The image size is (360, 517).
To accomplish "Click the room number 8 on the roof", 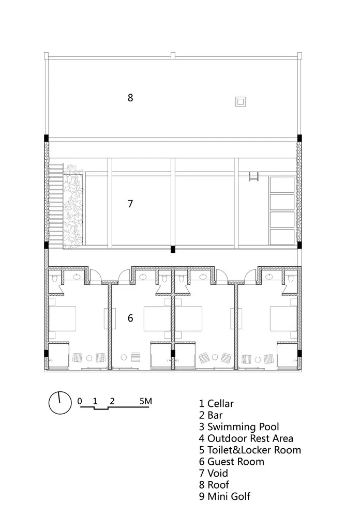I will click(x=130, y=97).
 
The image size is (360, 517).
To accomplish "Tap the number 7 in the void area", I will click(x=130, y=204).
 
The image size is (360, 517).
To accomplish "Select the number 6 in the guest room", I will click(x=130, y=318).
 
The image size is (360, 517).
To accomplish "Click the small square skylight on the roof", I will click(x=240, y=102).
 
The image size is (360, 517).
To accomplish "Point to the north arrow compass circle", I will click(x=59, y=403).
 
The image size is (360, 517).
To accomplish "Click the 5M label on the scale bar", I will click(x=145, y=401).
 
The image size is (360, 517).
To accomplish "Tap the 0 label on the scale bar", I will click(x=80, y=401).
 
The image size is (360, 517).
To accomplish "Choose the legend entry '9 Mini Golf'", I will click(x=224, y=496).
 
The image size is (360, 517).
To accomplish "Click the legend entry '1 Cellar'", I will click(x=216, y=403).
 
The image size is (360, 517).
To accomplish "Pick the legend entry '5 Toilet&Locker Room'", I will click(x=250, y=450).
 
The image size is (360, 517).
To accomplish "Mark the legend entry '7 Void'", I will click(x=213, y=473).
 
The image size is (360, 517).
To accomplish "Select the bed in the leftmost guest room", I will click(x=63, y=318).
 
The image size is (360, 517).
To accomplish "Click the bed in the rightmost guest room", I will click(x=283, y=318).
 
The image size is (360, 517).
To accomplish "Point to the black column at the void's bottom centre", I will click(x=173, y=249).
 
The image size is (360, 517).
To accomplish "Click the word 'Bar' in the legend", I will click(x=214, y=415).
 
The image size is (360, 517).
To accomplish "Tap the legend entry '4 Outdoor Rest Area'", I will click(x=246, y=438).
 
